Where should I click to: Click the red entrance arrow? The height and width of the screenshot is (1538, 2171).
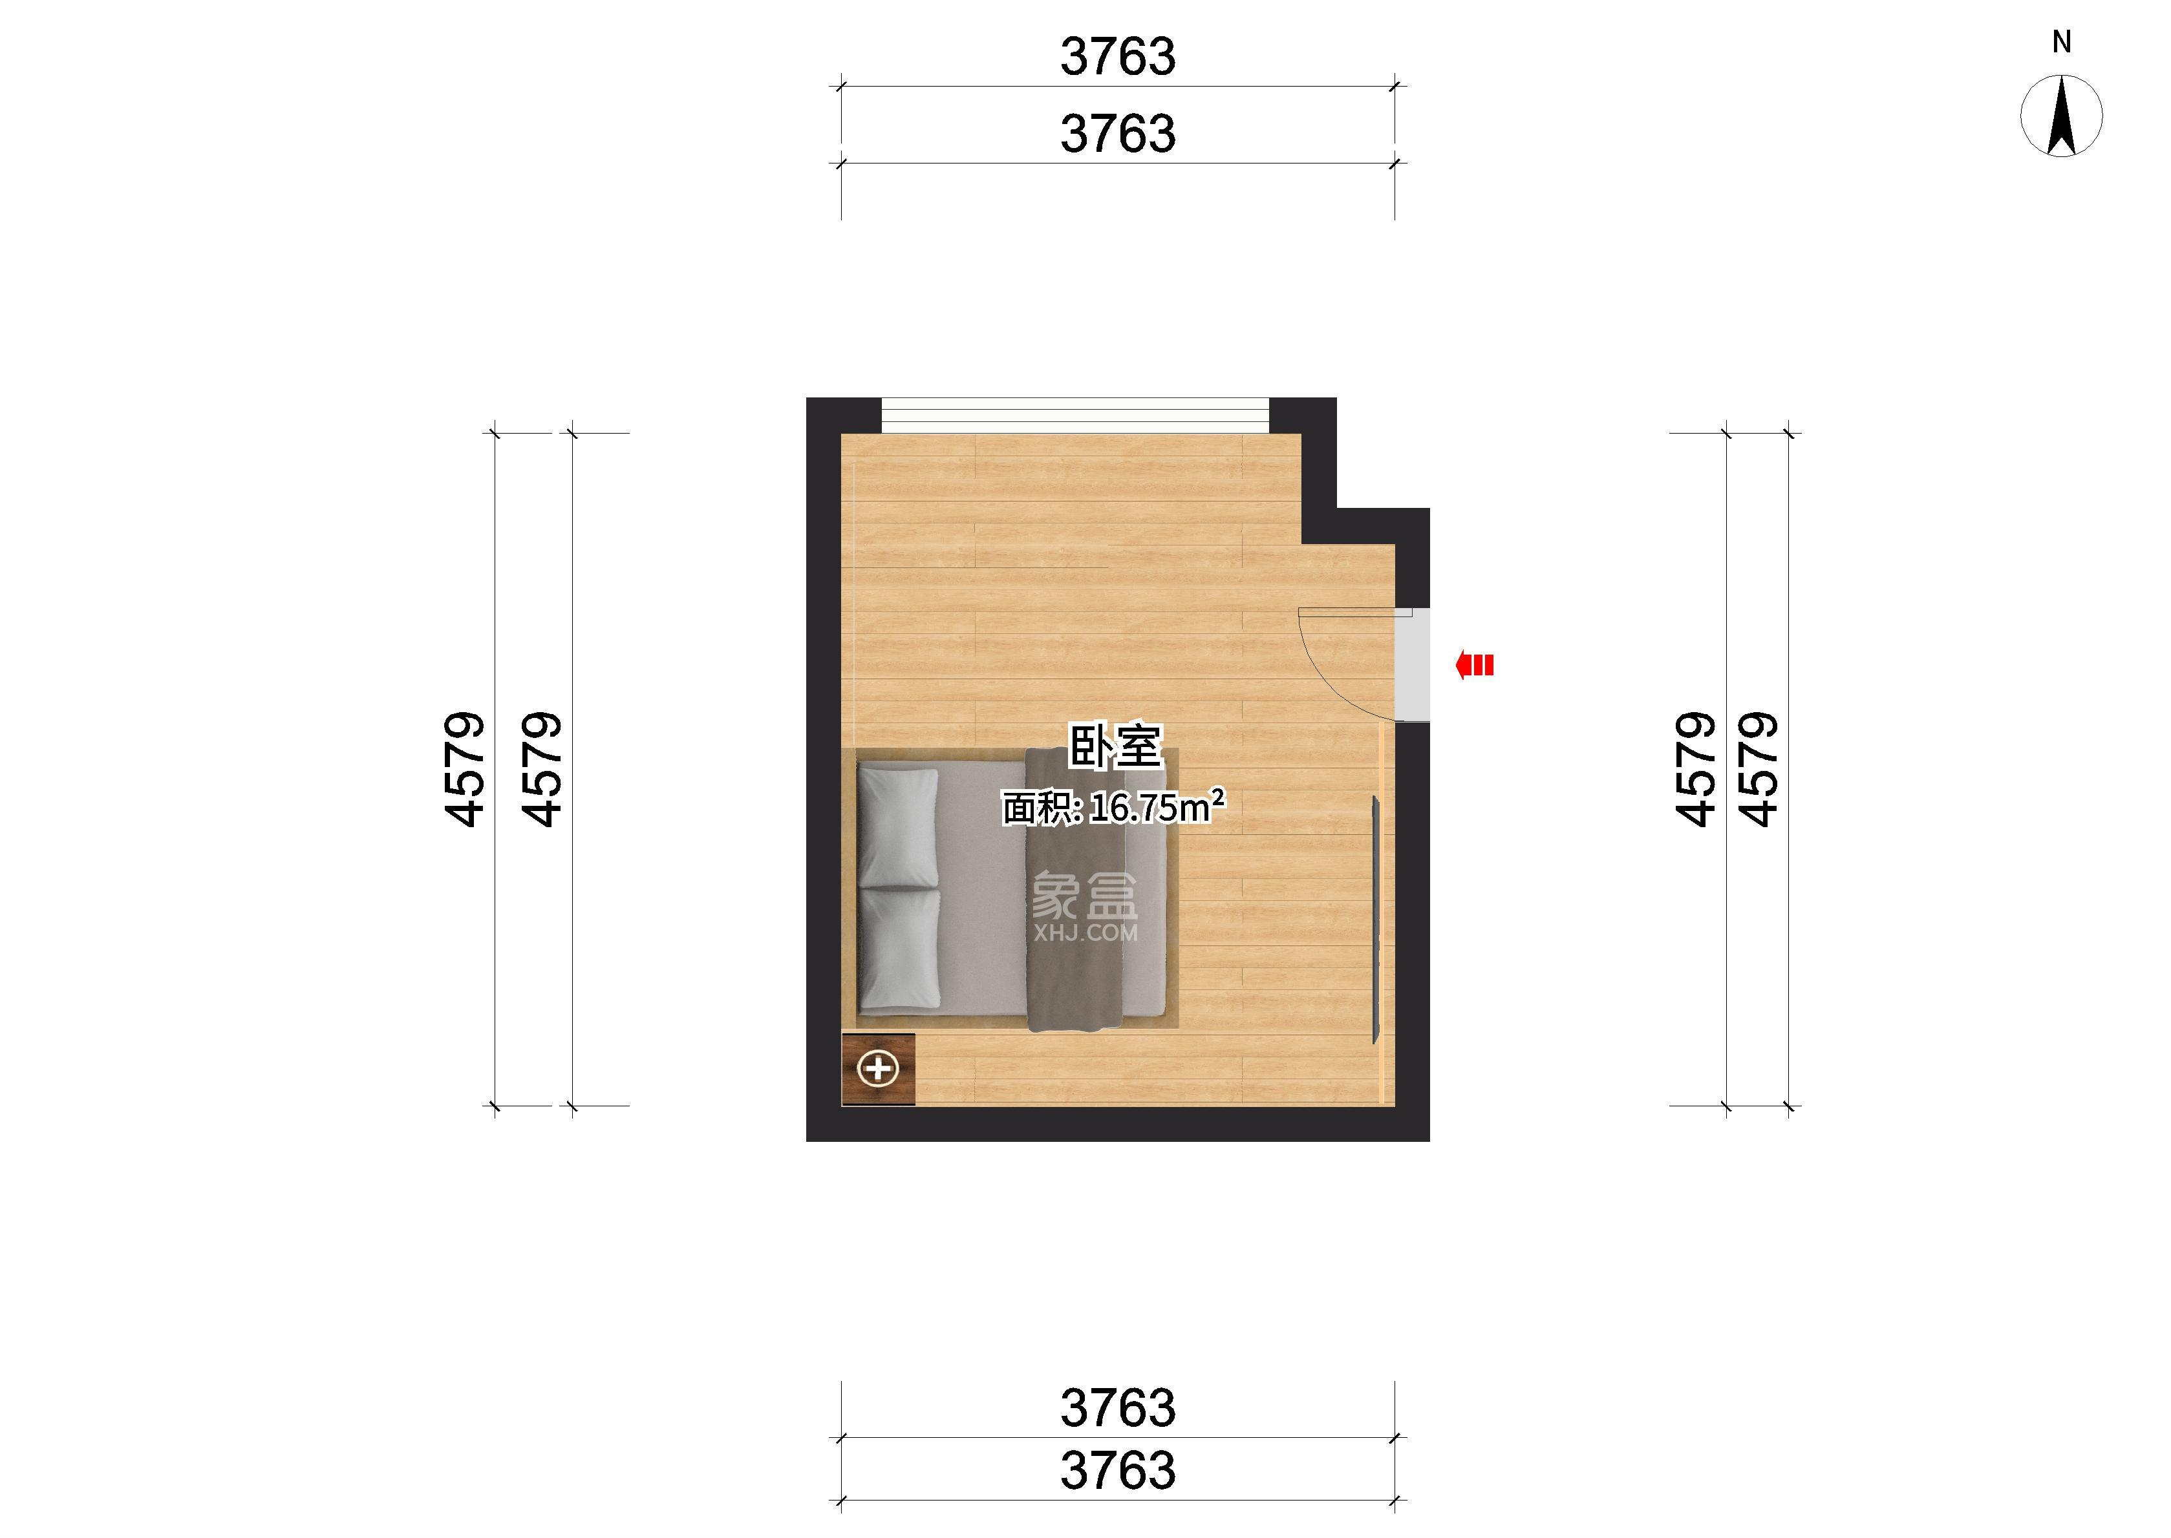point(1475,666)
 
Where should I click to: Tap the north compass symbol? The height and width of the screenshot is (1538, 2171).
point(2062,116)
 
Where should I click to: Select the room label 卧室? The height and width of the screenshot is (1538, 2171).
point(1115,746)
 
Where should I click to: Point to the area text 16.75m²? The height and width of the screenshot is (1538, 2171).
point(1157,807)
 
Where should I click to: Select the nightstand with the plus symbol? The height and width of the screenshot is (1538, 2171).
point(878,1069)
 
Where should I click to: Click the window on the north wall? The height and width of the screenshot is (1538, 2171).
point(1075,416)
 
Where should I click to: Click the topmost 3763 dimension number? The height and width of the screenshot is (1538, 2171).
point(1118,57)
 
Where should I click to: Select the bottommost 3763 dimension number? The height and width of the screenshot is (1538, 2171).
point(1118,1470)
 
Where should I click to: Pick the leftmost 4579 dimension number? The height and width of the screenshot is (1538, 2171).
point(466,768)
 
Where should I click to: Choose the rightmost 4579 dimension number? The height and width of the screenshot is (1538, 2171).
point(1759,768)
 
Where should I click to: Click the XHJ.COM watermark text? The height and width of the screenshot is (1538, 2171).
point(1085,933)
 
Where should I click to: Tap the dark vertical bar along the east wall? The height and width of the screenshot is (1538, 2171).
point(1375,920)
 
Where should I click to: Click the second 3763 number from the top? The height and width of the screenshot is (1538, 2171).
point(1118,134)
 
